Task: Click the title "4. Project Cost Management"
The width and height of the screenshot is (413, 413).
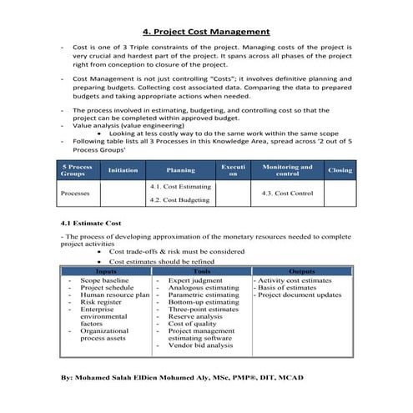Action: (x=206, y=32)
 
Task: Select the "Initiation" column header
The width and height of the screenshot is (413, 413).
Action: (x=123, y=169)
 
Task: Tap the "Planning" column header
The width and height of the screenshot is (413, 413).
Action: (x=181, y=170)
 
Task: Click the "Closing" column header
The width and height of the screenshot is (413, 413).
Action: (x=340, y=169)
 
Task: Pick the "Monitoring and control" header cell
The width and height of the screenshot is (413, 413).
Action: (x=287, y=170)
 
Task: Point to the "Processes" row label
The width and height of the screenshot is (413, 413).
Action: (x=77, y=193)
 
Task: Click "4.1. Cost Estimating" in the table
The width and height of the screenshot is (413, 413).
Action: (x=180, y=187)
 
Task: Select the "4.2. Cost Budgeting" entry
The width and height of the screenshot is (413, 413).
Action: (x=179, y=201)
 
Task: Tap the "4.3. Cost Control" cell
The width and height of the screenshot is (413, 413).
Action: (x=287, y=193)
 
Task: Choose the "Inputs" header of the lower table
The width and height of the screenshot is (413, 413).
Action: (x=106, y=272)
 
